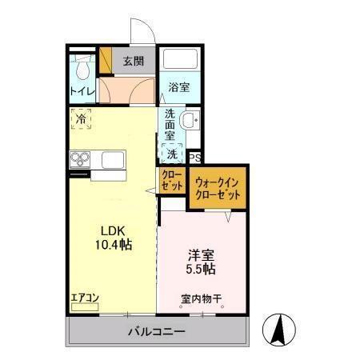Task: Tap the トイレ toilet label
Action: (82, 91)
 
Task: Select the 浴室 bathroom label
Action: (179, 87)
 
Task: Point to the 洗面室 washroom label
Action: (170, 124)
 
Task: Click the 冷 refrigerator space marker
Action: (82, 120)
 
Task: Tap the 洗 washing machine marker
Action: (172, 154)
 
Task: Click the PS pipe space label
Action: (194, 158)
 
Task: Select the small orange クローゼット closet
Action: (171, 181)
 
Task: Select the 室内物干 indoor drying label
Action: (202, 299)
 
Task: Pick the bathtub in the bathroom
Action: (179, 62)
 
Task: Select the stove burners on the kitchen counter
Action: (82, 158)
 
